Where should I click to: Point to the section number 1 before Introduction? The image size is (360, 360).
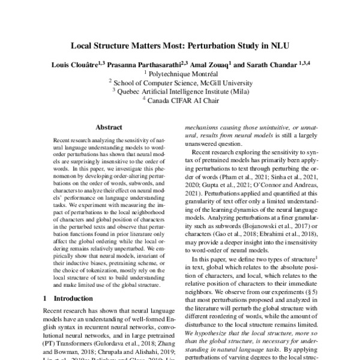[46, 298]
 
